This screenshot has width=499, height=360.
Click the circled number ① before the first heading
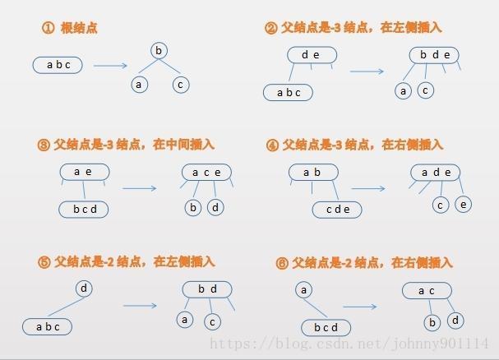[48, 27]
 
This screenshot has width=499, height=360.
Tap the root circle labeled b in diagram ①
[159, 51]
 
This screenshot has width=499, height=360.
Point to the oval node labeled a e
[83, 172]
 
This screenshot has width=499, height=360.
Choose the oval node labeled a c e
[206, 172]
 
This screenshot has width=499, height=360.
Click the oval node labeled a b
[312, 172]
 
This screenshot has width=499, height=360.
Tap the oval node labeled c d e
[338, 210]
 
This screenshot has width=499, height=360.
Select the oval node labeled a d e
[436, 172]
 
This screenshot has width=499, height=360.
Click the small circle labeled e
[463, 204]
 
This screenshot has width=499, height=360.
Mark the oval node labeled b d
[207, 288]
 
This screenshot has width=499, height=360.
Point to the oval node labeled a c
[426, 290]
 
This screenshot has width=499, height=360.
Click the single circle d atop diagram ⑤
[84, 288]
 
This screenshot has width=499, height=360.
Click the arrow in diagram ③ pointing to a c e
[140, 188]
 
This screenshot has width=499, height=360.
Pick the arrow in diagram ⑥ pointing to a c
[360, 307]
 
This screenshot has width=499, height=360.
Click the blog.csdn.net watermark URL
[349, 344]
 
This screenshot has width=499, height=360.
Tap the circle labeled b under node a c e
[193, 208]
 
